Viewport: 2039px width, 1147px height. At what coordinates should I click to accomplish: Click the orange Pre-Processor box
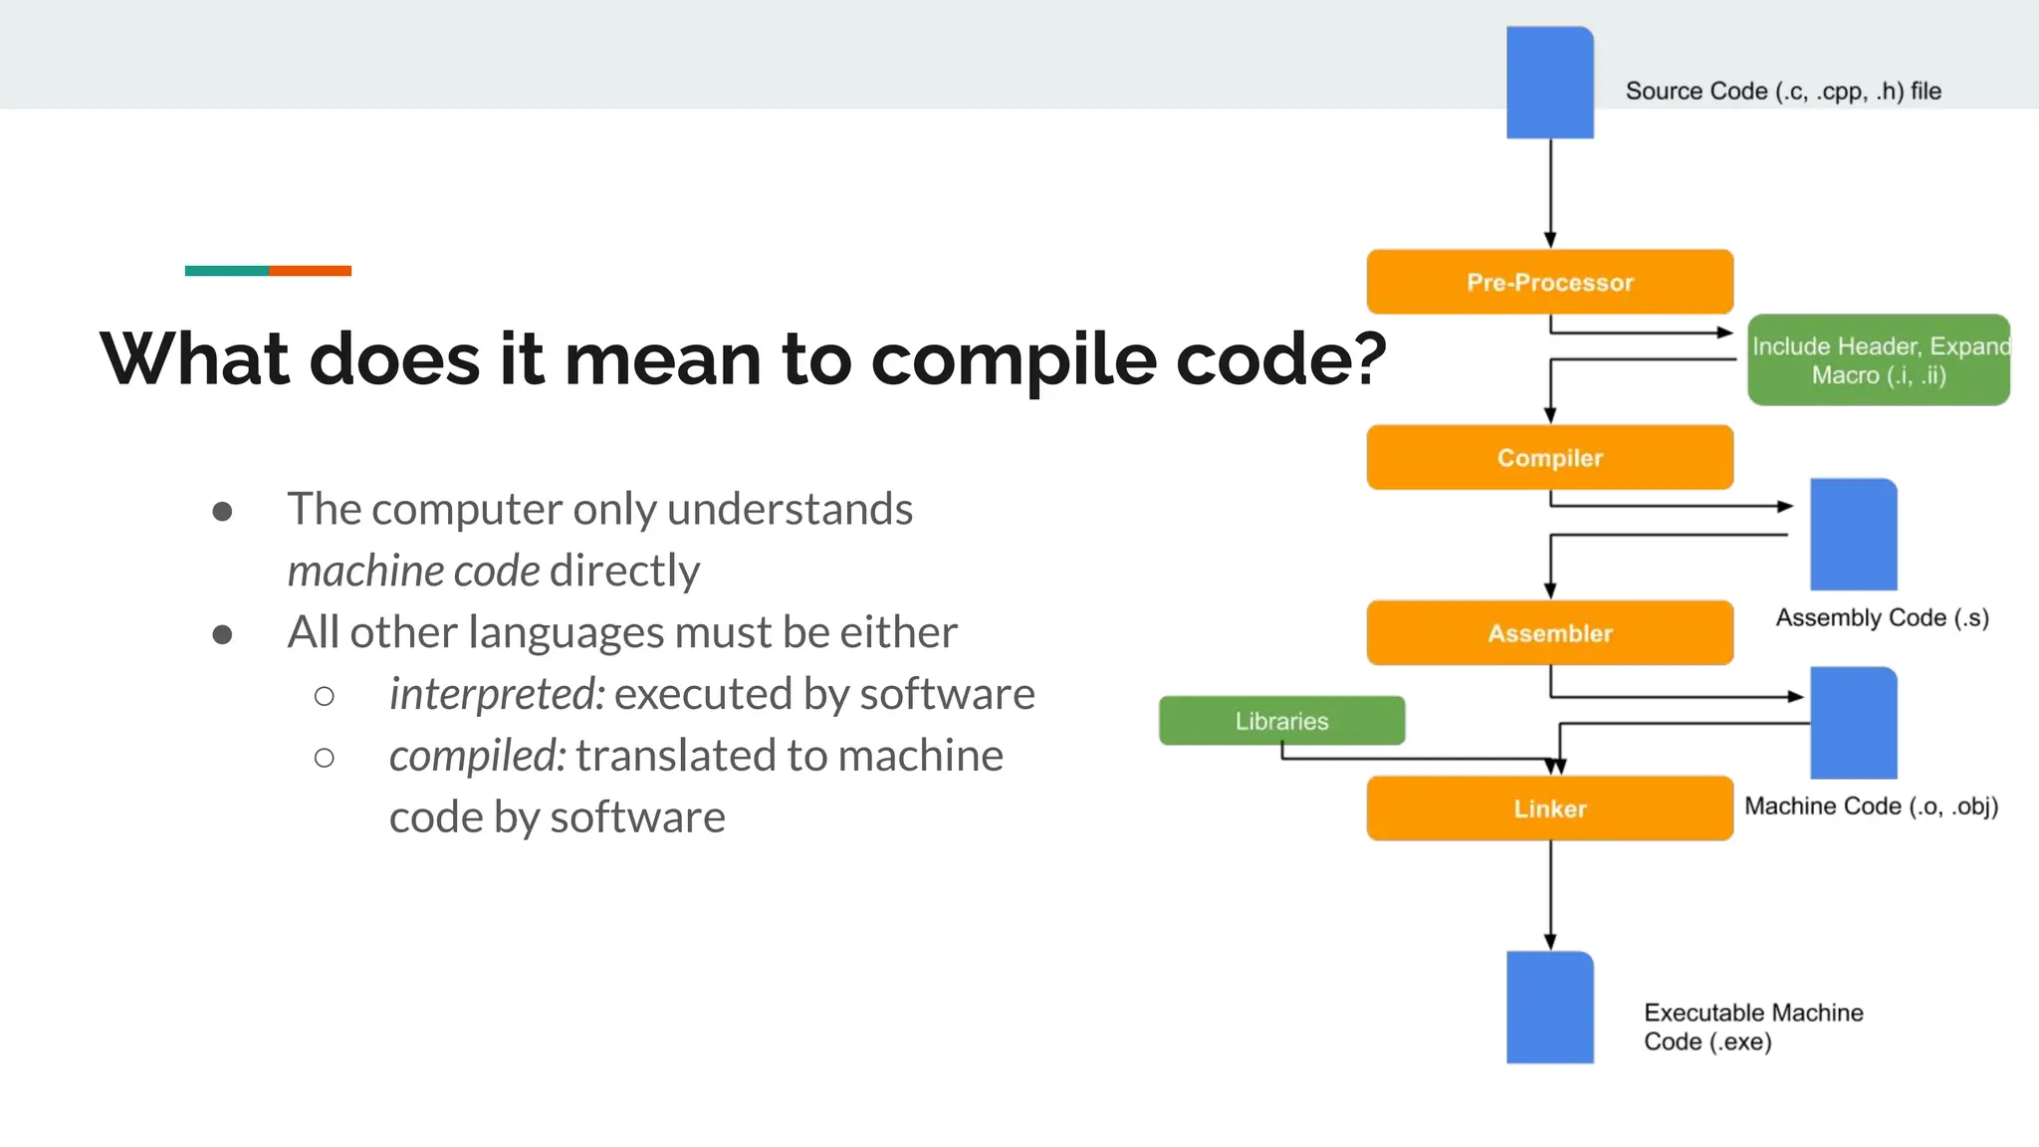[x=1549, y=282]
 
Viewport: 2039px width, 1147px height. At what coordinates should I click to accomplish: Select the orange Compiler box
[x=1549, y=457]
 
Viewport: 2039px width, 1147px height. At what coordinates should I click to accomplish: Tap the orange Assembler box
[x=1549, y=632]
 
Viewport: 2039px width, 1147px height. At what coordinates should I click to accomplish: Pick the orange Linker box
[x=1549, y=807]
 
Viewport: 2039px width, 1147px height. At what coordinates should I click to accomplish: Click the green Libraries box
[x=1281, y=720]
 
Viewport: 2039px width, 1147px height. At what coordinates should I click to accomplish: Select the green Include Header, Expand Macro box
[x=1878, y=359]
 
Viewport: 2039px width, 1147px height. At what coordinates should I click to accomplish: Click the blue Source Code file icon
[x=1549, y=83]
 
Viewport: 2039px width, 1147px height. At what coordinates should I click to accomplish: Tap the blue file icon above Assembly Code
[x=1853, y=535]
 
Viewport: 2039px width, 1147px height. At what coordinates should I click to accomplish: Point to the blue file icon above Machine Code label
[x=1853, y=723]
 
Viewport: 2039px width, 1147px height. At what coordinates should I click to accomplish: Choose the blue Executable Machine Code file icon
[x=1549, y=1007]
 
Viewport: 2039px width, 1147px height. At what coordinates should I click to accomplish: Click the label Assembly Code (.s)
[x=1882, y=617]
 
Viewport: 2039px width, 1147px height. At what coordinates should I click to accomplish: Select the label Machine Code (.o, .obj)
[x=1871, y=805]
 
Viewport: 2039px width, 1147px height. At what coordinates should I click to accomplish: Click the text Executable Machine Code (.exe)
[x=1752, y=1027]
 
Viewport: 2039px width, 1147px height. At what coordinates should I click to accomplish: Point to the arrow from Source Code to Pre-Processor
[x=1550, y=193]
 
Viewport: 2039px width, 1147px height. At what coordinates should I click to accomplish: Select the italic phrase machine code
[x=413, y=571]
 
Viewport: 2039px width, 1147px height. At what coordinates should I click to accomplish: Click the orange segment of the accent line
[x=310, y=271]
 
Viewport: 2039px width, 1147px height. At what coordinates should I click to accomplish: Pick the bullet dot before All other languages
[x=222, y=634]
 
